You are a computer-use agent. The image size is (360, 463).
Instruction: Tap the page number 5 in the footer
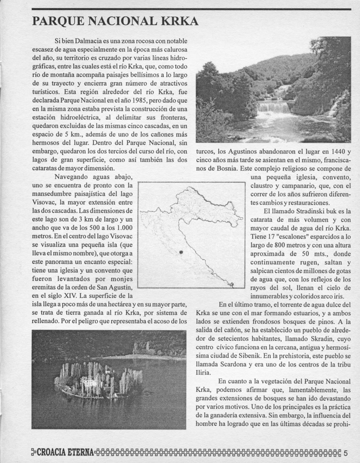tap(346, 453)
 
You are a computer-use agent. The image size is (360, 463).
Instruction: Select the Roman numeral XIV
tap(71, 296)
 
